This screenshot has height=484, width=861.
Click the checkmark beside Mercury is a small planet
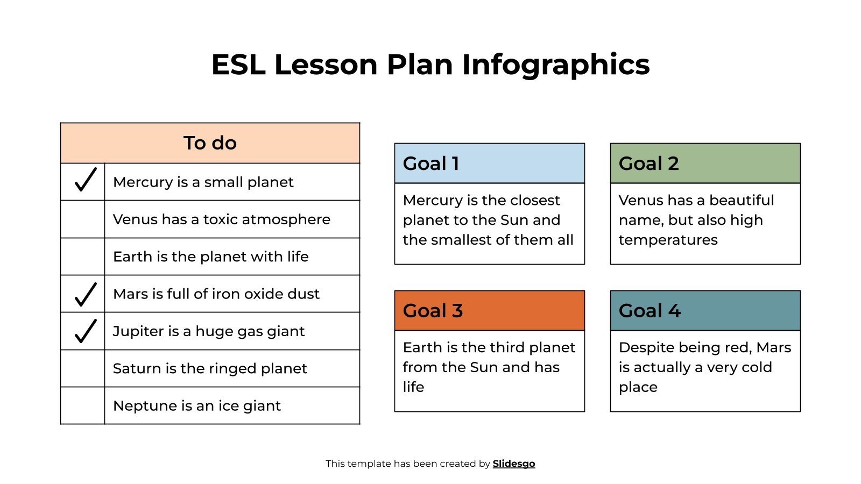pyautogui.click(x=85, y=180)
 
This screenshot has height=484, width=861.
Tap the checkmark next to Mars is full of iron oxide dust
pyautogui.click(x=85, y=294)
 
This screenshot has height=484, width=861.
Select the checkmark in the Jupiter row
pyautogui.click(x=85, y=331)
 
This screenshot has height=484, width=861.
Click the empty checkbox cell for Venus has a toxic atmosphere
pyautogui.click(x=82, y=219)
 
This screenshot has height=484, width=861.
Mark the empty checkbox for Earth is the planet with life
pyautogui.click(x=82, y=257)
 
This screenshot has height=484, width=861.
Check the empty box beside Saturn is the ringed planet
pyautogui.click(x=82, y=368)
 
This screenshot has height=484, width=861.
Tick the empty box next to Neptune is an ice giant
pyautogui.click(x=82, y=405)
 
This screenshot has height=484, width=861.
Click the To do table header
pyautogui.click(x=210, y=143)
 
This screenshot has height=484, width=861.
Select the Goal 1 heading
pyautogui.click(x=431, y=163)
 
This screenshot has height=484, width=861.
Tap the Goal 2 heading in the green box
pyautogui.click(x=648, y=163)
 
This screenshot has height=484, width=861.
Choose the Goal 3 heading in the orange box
pyautogui.click(x=433, y=311)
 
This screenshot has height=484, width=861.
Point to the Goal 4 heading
pyautogui.click(x=650, y=311)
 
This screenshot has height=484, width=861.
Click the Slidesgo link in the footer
pyautogui.click(x=513, y=464)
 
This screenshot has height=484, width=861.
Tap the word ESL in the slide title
pyautogui.click(x=238, y=65)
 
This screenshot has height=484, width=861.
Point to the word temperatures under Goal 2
pyautogui.click(x=668, y=240)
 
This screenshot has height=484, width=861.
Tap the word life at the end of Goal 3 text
pyautogui.click(x=413, y=387)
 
